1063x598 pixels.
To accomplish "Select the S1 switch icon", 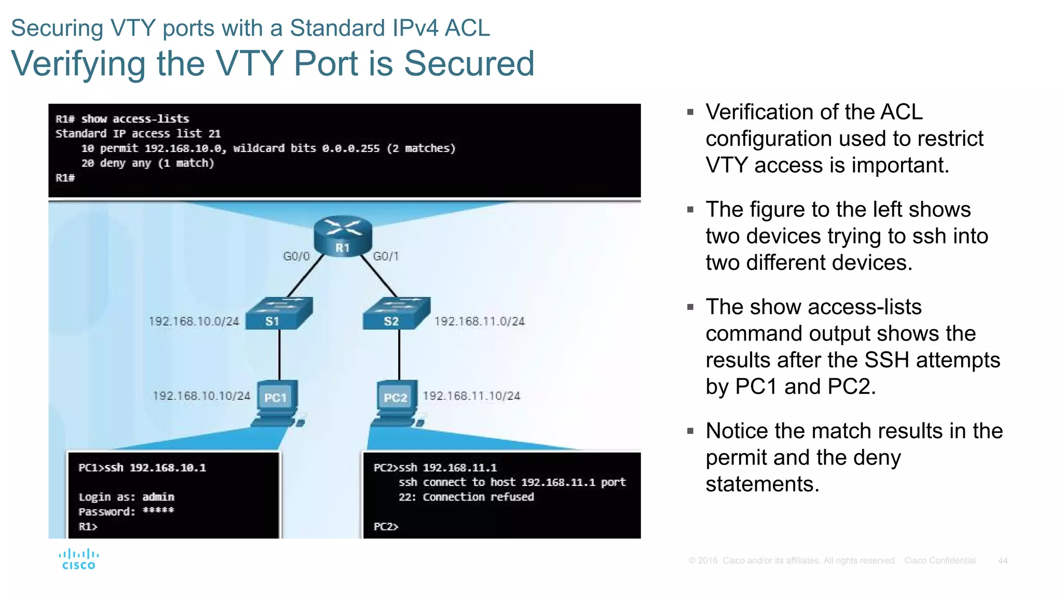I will coord(279,314).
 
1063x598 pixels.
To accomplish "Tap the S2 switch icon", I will coord(397,314).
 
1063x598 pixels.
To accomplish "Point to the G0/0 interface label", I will coord(296,256).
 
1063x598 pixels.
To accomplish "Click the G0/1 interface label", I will coord(386,256).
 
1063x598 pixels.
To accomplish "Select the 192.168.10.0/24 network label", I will coord(194,321).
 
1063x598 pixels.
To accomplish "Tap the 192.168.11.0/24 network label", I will coord(480,321).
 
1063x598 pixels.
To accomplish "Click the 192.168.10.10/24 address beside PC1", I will coord(201,396).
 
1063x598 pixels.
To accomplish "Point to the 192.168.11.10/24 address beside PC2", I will coord(471,396).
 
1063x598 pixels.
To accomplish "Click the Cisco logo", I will coord(79,560).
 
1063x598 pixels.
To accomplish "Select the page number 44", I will coord(1003,561).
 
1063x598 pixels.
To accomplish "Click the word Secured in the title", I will coord(469,64).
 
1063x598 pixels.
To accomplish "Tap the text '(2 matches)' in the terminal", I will coord(421,148).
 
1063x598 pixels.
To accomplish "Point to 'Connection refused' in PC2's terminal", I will coord(478,497).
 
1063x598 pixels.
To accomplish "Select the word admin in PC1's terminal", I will coord(158,497).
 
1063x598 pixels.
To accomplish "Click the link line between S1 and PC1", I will coord(280,356).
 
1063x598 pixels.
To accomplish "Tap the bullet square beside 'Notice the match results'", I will coord(690,431).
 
